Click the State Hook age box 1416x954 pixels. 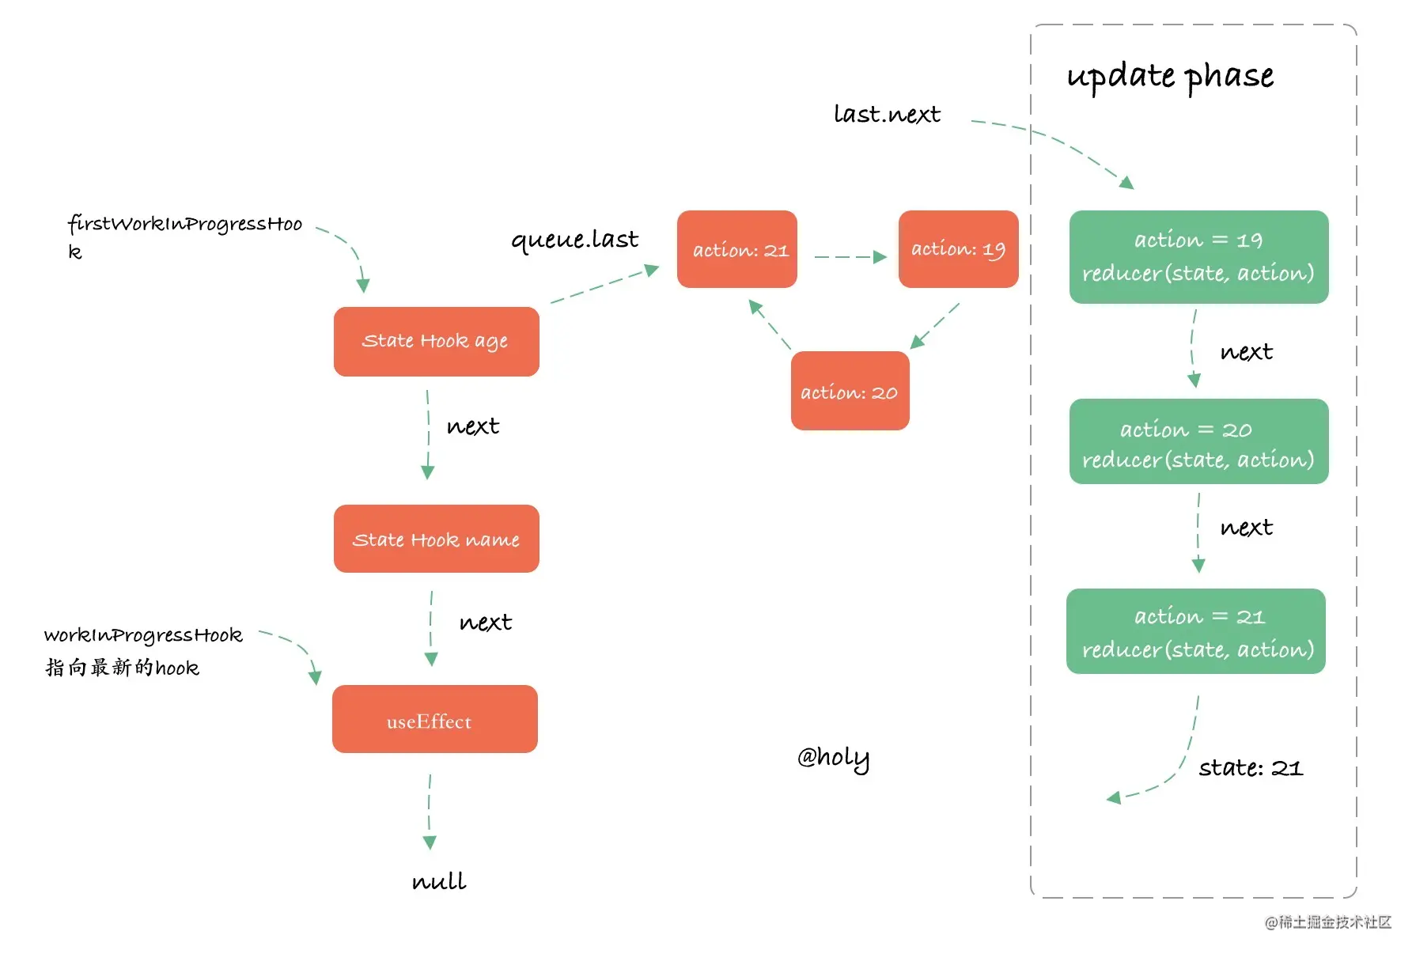[x=437, y=342]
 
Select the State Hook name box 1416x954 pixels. [x=437, y=539]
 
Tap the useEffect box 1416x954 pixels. [x=435, y=719]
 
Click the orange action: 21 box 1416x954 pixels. [x=737, y=249]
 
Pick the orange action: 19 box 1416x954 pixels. [x=959, y=249]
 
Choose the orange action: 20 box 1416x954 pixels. [x=850, y=391]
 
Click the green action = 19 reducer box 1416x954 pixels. [x=1199, y=257]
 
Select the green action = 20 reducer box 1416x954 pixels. [x=1199, y=441]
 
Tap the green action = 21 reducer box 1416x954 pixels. [x=1196, y=631]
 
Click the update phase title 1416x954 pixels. [x=1170, y=77]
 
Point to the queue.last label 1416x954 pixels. [x=574, y=240]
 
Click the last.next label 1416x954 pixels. [x=887, y=114]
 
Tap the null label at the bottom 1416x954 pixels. [x=439, y=880]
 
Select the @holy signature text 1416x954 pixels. [x=833, y=758]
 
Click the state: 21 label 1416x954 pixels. [x=1251, y=767]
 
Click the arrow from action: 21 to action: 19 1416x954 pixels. [x=850, y=257]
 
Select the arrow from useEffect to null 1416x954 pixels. [x=430, y=812]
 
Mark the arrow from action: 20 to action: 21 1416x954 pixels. [x=770, y=324]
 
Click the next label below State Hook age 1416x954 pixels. [x=473, y=426]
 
